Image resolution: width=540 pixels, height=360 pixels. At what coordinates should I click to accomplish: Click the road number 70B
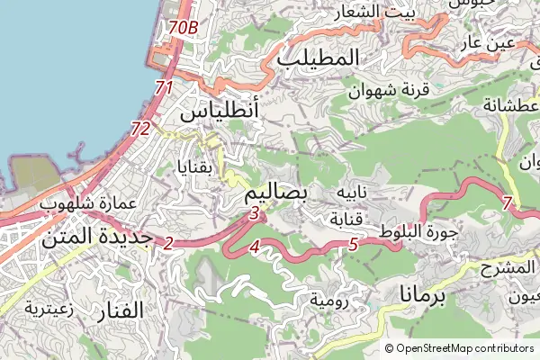(183, 28)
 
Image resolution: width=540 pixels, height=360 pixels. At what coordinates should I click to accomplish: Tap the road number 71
(163, 88)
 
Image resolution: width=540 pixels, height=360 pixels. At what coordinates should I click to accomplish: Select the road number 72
(140, 130)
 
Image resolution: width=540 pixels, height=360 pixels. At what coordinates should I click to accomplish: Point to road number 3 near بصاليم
(255, 213)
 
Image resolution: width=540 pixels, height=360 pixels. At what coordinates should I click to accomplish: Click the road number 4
(255, 247)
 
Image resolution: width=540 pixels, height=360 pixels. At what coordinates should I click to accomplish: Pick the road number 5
(353, 244)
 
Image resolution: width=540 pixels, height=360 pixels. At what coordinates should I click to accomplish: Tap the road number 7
(508, 203)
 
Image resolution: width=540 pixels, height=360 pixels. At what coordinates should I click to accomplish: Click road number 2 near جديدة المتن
(168, 242)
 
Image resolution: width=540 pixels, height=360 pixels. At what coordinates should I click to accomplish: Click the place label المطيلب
(319, 57)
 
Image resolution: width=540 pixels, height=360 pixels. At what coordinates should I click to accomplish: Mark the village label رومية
(328, 298)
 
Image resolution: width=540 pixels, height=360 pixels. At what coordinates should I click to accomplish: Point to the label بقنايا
(196, 166)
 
